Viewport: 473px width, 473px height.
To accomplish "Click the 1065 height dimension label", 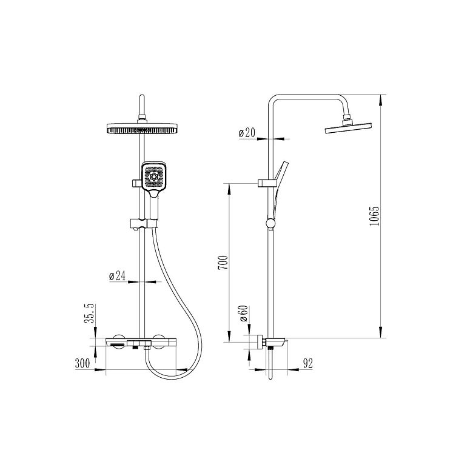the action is pos(374,216).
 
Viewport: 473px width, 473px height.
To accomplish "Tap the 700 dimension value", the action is pos(223,263).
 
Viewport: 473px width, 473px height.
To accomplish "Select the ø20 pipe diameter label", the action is pos(247,133).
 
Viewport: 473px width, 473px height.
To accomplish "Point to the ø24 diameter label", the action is pos(118,276).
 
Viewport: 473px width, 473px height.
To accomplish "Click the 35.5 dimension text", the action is pos(89,314).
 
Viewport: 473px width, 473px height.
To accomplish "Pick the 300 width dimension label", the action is pos(82,363).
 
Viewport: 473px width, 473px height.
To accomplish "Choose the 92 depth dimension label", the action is pos(307,363).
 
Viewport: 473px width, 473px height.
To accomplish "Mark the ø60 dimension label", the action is pos(243,314).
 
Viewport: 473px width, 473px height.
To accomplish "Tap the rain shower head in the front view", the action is pos(142,128).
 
